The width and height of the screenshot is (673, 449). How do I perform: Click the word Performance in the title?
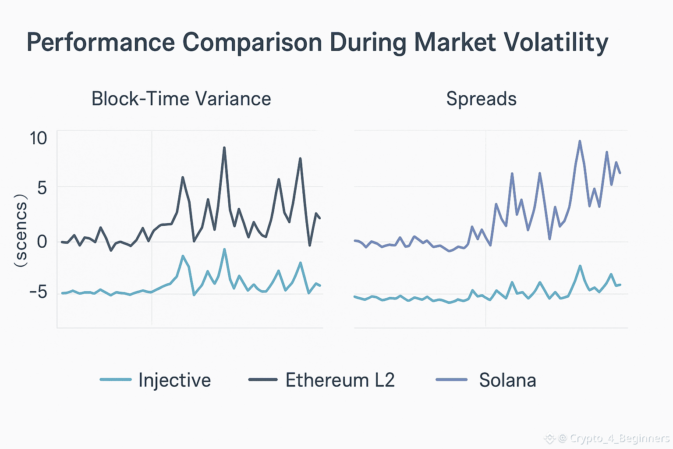coord(101,43)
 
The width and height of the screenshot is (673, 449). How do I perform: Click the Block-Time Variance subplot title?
coord(181,99)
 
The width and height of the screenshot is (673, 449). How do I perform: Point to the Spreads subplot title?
coord(481,99)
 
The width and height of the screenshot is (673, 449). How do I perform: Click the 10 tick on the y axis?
coord(38,138)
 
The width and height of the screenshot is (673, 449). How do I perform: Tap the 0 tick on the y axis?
coord(42,241)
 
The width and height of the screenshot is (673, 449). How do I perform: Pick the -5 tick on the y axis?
coord(38,292)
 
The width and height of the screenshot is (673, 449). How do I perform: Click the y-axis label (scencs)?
coord(21,230)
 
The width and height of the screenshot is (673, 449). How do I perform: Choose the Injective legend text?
coord(174,380)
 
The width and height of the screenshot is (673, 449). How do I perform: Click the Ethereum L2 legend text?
coord(340,380)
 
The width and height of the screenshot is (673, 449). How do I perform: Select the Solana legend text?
coord(507,380)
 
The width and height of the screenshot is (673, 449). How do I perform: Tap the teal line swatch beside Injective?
coord(116,380)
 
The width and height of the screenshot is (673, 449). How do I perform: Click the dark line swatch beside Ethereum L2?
coord(263,380)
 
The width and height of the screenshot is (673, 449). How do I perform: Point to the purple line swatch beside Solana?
coord(452,380)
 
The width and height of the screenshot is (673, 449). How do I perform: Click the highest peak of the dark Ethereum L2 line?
coord(224,148)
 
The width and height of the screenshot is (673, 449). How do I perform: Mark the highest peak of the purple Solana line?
coord(580,142)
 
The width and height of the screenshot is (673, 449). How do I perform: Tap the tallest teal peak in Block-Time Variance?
coord(224,250)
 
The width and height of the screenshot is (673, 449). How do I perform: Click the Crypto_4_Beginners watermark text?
coord(613,438)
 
